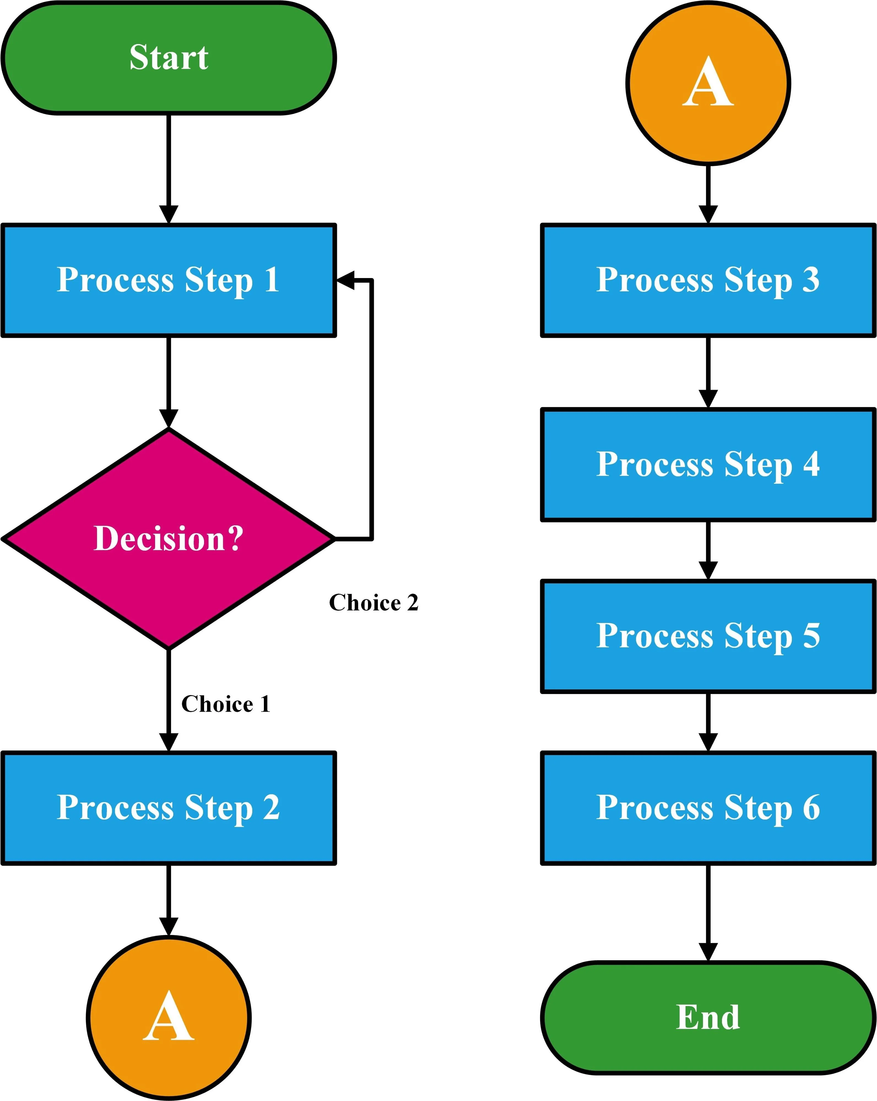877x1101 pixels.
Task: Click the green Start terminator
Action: point(169,58)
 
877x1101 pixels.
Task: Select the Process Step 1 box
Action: point(169,280)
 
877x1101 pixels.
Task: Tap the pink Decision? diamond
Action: point(169,539)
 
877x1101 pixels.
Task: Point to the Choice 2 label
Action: point(373,603)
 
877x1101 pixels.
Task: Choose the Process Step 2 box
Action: point(169,808)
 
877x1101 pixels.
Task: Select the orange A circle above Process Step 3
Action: point(708,83)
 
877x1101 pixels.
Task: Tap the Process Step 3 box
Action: point(708,280)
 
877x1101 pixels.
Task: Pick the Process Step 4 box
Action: point(708,464)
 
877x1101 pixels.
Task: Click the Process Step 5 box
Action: point(708,636)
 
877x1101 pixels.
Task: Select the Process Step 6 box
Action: point(708,808)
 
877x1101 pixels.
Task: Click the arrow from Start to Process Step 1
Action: point(169,168)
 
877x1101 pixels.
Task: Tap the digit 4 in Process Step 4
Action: point(811,464)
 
